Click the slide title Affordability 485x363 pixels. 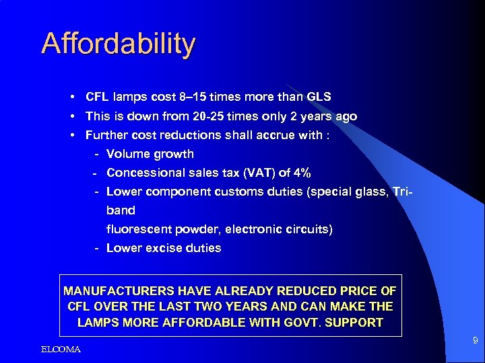pos(119,44)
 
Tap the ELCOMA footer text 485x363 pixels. pos(61,350)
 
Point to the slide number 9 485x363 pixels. pos(475,341)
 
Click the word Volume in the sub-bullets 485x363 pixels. pos(128,154)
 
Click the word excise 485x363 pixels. pos(162,248)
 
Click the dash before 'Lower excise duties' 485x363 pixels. pos(98,248)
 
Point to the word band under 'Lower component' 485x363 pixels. pos(121,210)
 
